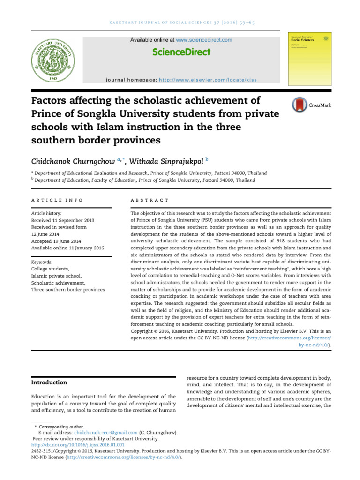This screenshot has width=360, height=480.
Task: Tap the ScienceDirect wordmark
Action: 181,52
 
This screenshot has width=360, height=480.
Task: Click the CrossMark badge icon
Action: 298,105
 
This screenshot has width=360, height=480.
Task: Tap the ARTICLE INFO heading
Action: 57,200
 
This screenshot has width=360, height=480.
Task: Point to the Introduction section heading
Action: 49,382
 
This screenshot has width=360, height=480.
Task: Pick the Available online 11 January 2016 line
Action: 67,247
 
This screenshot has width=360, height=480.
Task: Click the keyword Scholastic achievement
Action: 59,283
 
